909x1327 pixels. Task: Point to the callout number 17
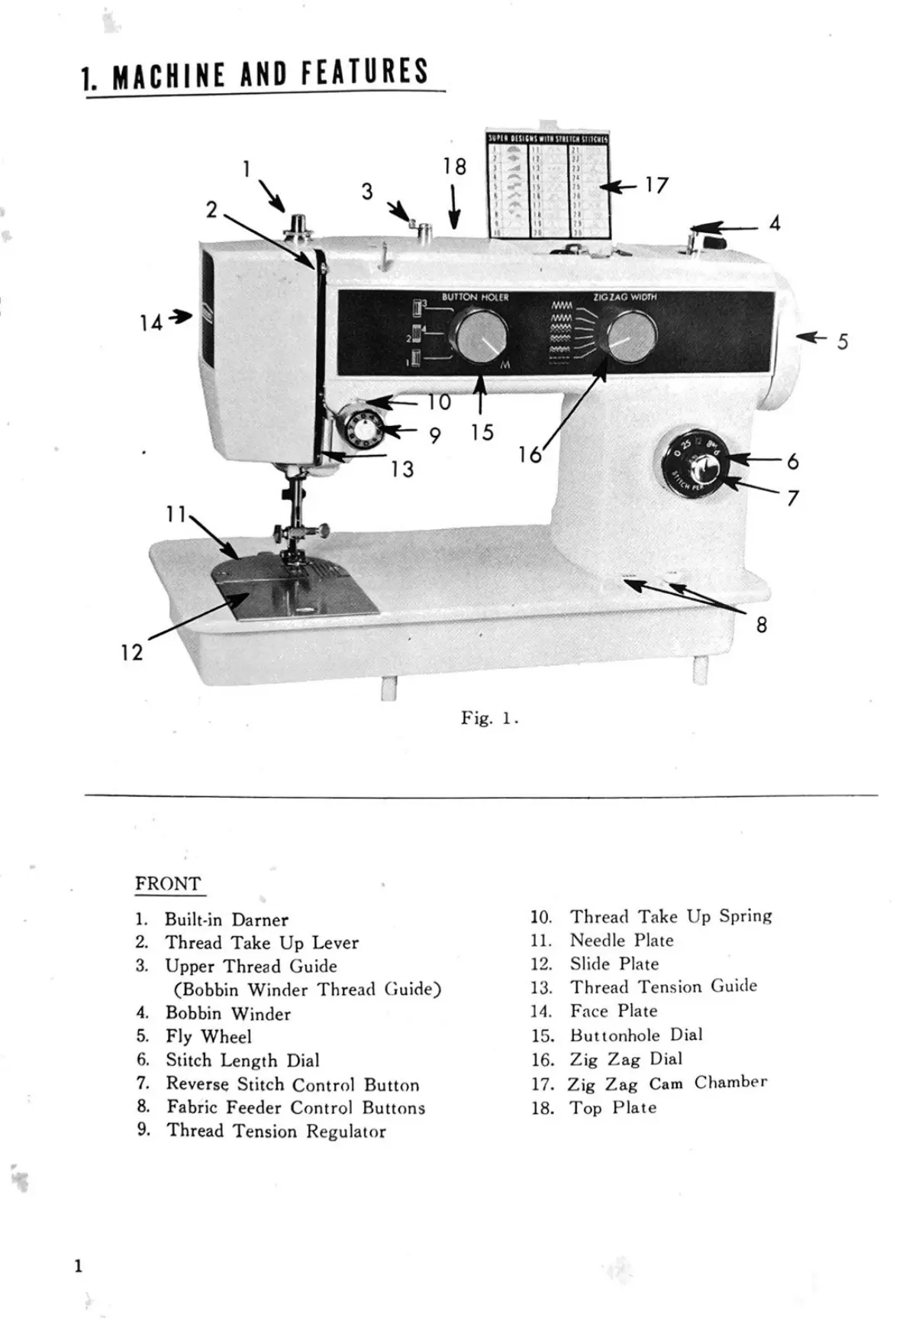pyautogui.click(x=656, y=186)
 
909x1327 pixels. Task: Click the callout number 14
pyautogui.click(x=150, y=323)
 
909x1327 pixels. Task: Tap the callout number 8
pyautogui.click(x=761, y=625)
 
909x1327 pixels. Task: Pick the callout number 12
pyautogui.click(x=131, y=652)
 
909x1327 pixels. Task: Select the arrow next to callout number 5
pyautogui.click(x=815, y=337)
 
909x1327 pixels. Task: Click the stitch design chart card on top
pyautogui.click(x=548, y=184)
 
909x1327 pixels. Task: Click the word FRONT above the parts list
pyautogui.click(x=168, y=884)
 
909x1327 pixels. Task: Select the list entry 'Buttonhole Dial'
pyautogui.click(x=636, y=1035)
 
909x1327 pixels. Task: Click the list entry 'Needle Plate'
pyautogui.click(x=621, y=941)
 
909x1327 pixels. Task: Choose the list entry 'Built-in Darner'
pyautogui.click(x=226, y=920)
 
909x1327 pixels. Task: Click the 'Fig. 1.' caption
pyautogui.click(x=489, y=718)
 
